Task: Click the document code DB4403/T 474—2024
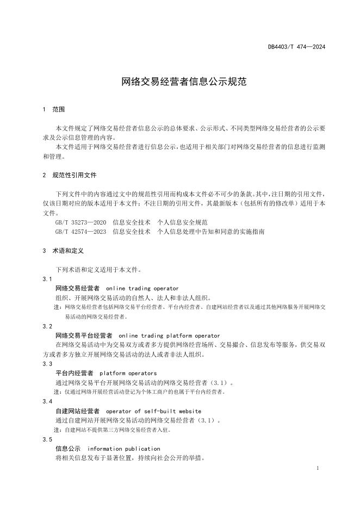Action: click(x=296, y=47)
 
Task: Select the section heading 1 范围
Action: click(x=53, y=109)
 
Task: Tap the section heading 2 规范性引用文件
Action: click(x=70, y=175)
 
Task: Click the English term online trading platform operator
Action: click(x=169, y=336)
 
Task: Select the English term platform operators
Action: click(x=128, y=373)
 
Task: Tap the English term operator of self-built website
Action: click(x=153, y=411)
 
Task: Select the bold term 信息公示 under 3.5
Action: click(x=68, y=449)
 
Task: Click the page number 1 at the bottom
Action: click(x=318, y=468)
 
